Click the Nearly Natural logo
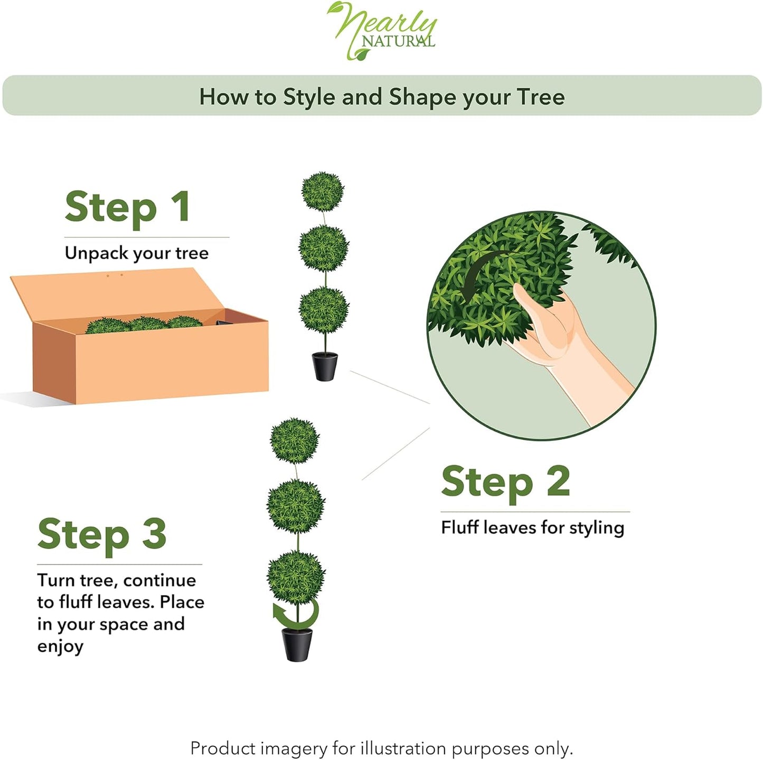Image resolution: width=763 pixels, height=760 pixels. click(381, 31)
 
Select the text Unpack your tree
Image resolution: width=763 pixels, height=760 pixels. click(137, 253)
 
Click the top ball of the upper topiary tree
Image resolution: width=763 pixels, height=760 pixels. click(323, 192)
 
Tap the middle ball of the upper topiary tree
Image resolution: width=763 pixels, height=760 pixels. click(324, 248)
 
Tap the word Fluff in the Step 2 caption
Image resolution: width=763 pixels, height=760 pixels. click(460, 527)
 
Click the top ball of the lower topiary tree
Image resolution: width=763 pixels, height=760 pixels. click(294, 440)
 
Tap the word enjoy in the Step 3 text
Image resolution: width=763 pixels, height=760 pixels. click(60, 646)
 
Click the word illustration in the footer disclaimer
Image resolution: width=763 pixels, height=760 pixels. click(403, 738)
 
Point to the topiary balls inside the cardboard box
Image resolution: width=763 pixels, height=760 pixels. click(144, 325)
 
